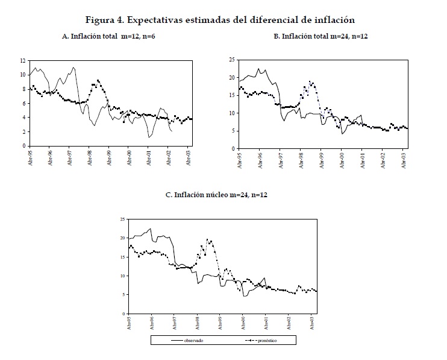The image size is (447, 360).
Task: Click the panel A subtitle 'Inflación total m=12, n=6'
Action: click(x=113, y=37)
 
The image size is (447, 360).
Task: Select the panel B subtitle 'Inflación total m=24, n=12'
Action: click(x=321, y=37)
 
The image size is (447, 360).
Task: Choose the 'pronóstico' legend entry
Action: click(x=266, y=341)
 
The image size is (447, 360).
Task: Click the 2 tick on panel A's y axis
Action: click(x=23, y=132)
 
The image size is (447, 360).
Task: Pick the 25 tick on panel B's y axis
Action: click(x=232, y=60)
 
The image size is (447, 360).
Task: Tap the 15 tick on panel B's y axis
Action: click(x=232, y=95)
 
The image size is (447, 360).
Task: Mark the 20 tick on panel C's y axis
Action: click(x=123, y=238)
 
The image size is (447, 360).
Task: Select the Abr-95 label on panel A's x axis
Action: click(x=30, y=159)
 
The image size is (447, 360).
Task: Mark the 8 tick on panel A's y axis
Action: click(x=23, y=89)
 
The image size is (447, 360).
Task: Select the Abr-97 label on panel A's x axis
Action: click(x=70, y=159)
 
